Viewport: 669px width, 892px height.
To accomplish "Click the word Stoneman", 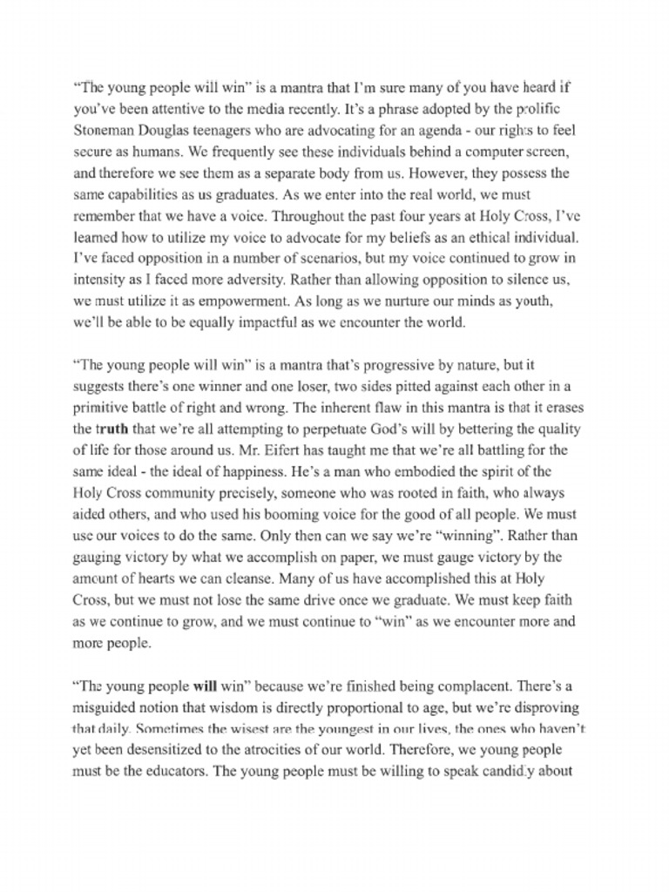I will coord(102,131).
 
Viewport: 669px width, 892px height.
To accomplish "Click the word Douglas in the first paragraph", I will coord(161,131).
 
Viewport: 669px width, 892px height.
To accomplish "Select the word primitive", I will coord(101,408).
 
